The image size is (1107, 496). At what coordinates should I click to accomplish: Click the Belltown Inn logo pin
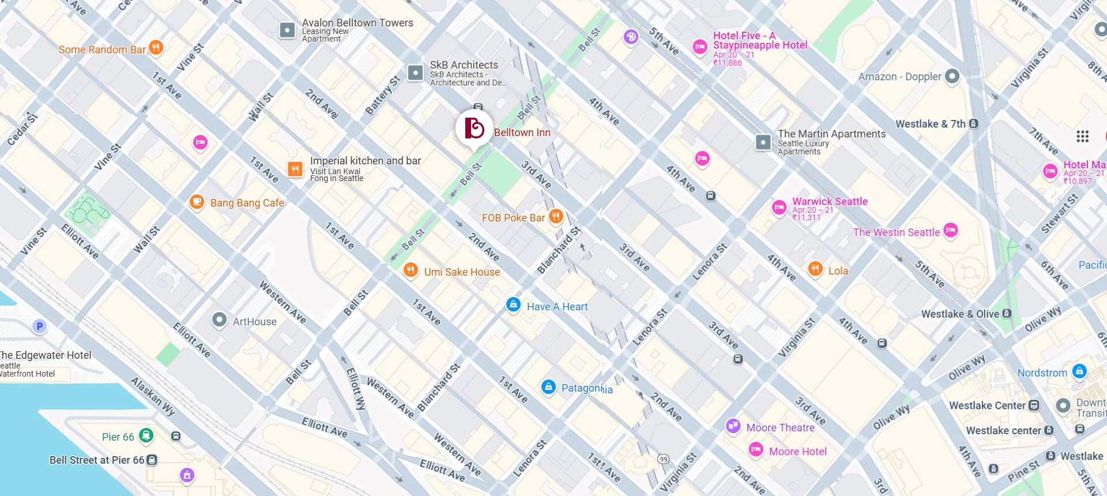pyautogui.click(x=474, y=128)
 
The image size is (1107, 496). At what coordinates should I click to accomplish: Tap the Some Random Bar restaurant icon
pyautogui.click(x=156, y=47)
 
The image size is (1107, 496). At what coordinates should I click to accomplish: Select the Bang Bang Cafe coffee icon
pyautogui.click(x=197, y=202)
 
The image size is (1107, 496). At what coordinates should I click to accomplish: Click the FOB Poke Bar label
pyautogui.click(x=513, y=218)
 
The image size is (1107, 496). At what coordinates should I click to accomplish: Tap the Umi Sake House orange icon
pyautogui.click(x=411, y=270)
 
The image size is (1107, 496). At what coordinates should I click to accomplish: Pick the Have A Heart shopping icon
pyautogui.click(x=513, y=305)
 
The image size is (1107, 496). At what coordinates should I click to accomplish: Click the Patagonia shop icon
pyautogui.click(x=548, y=387)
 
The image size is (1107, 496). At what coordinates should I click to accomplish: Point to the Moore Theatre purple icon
pyautogui.click(x=733, y=426)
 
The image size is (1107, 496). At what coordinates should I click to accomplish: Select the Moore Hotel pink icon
pyautogui.click(x=756, y=450)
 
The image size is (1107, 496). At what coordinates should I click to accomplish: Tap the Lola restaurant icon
pyautogui.click(x=815, y=269)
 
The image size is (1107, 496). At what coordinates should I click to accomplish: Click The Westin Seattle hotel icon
pyautogui.click(x=950, y=231)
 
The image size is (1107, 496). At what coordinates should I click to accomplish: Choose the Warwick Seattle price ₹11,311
pyautogui.click(x=806, y=217)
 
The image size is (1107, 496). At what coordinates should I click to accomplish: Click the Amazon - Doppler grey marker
pyautogui.click(x=952, y=76)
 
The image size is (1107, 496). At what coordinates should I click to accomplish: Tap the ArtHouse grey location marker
pyautogui.click(x=219, y=320)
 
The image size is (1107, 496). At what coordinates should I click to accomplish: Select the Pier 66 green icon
pyautogui.click(x=146, y=435)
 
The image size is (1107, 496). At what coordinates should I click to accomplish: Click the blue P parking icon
pyautogui.click(x=39, y=326)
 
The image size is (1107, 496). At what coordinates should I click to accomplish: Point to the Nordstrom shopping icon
pyautogui.click(x=1079, y=371)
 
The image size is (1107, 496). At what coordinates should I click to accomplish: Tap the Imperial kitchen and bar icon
pyautogui.click(x=295, y=169)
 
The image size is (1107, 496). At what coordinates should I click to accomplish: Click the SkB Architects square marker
pyautogui.click(x=415, y=73)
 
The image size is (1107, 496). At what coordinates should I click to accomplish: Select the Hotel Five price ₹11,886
pyautogui.click(x=727, y=63)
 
